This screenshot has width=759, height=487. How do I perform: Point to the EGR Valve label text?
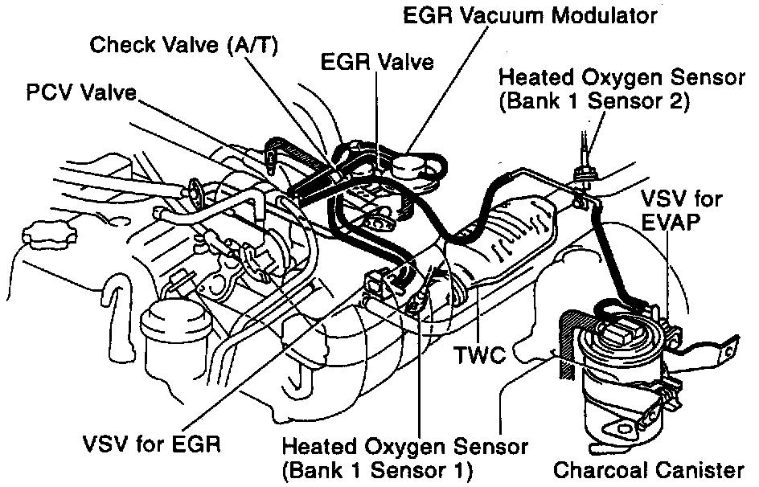click(377, 62)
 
